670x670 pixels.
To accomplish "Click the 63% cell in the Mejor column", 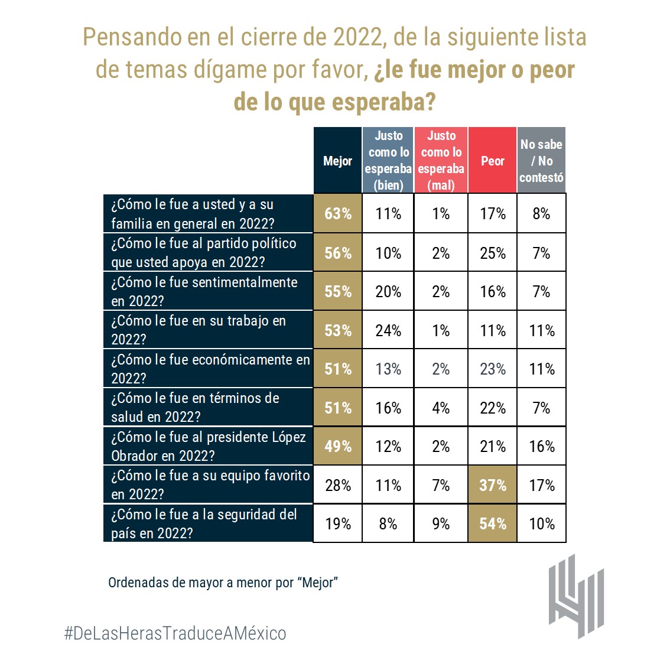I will (x=337, y=213).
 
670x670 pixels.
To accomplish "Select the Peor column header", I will (x=492, y=160).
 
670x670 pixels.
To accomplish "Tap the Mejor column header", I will (x=337, y=160).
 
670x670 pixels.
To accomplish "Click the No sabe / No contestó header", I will (x=541, y=160).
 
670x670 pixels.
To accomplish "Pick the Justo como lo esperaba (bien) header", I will (x=388, y=160).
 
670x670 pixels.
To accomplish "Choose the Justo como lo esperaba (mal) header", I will (x=441, y=160).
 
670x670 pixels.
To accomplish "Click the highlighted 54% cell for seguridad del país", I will (x=492, y=523).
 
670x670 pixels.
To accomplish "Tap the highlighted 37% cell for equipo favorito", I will (x=492, y=485).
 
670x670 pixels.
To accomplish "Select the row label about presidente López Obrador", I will (x=208, y=446).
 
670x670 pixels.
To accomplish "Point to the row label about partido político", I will (x=208, y=252).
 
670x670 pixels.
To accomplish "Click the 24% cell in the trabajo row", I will (x=388, y=330).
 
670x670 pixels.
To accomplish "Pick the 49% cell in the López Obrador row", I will (x=337, y=446).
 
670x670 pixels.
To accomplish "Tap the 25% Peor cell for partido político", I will (x=492, y=253).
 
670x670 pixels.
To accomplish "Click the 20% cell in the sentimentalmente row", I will (x=388, y=291).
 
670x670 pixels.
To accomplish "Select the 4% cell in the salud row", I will (x=441, y=408).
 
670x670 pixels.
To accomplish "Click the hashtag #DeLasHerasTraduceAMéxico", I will (x=175, y=633).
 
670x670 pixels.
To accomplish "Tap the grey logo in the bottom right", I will (x=576, y=596).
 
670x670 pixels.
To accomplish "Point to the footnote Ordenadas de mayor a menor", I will (x=223, y=583).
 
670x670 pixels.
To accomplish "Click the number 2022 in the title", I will (x=356, y=37).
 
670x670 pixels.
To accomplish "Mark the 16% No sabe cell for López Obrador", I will (x=541, y=446).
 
